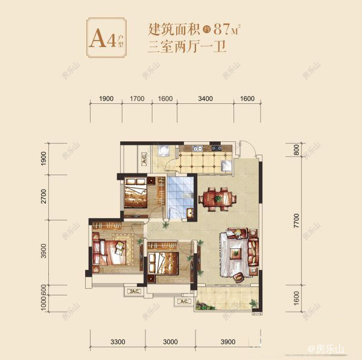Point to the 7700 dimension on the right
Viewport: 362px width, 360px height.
click(296, 223)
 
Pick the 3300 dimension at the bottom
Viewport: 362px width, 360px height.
click(118, 341)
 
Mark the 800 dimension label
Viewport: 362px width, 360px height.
click(296, 151)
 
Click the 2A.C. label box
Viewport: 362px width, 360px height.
click(133, 292)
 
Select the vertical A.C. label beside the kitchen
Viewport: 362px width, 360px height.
click(144, 159)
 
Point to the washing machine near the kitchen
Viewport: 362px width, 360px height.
click(163, 151)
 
